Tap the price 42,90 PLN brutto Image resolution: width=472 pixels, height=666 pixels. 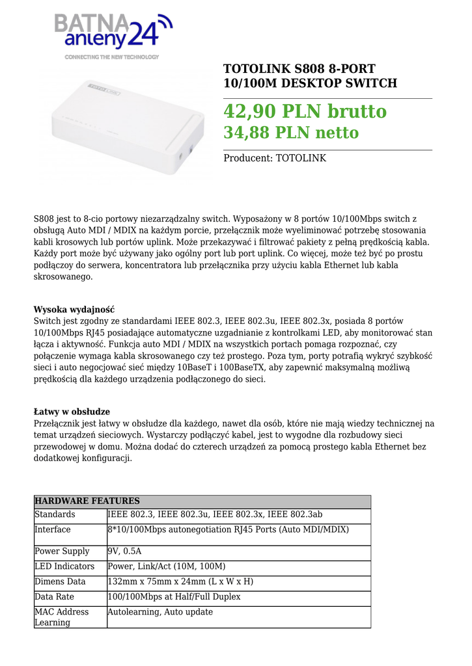tap(305, 111)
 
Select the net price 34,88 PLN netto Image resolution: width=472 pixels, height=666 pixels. tap(291, 133)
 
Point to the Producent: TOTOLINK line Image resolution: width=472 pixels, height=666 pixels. tap(275, 158)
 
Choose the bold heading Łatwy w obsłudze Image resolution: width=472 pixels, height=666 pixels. tap(72, 412)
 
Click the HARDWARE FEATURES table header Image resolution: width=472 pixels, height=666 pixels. tap(87, 501)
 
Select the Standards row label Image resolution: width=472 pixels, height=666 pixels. tap(55, 514)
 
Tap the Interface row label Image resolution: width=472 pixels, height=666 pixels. tap(53, 529)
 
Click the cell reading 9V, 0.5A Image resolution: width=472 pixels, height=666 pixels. tap(124, 551)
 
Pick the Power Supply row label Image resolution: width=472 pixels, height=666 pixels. tap(62, 551)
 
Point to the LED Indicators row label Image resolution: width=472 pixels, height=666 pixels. tap(64, 566)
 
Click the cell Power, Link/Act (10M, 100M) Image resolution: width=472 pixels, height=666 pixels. tap(166, 566)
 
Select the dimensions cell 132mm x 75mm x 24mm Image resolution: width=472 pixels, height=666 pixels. tap(180, 581)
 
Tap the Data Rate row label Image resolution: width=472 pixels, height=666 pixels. tap(54, 596)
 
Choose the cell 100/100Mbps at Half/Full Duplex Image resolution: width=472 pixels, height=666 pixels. tap(174, 596)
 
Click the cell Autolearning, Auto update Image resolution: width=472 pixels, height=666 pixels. tap(160, 612)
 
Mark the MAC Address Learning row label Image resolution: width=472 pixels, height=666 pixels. tap(61, 617)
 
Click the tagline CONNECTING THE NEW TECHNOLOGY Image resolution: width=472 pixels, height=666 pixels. tap(111, 57)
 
